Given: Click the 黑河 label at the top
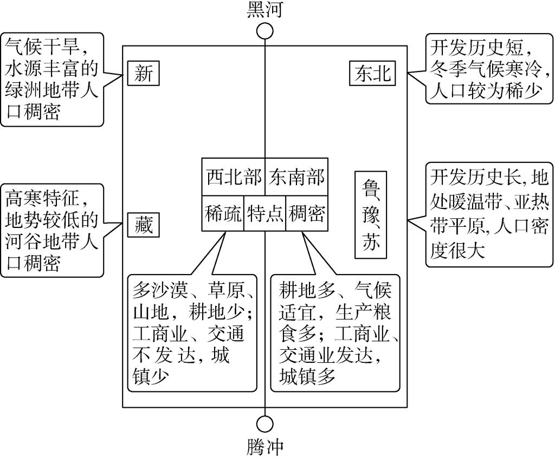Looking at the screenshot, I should tap(264, 10).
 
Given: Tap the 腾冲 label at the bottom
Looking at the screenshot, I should tap(264, 447).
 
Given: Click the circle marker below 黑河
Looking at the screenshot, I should tap(264, 31).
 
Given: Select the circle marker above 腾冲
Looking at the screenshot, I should tap(264, 423).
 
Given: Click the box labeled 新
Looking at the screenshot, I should tap(144, 74).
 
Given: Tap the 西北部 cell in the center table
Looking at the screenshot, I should tap(233, 177).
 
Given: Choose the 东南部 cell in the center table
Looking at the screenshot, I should tap(296, 177).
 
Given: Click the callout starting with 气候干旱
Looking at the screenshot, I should tap(51, 79).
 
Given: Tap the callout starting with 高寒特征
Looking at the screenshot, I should tap(51, 231).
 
